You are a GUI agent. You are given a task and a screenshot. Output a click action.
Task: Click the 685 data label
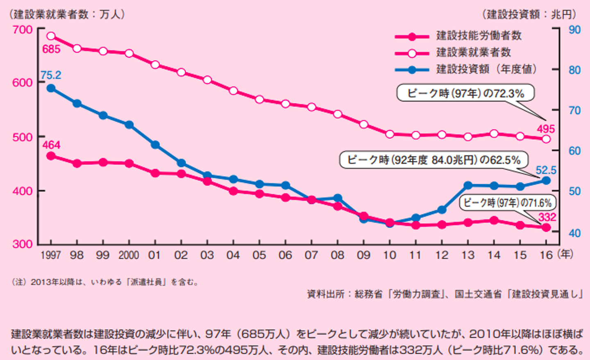click(x=51, y=49)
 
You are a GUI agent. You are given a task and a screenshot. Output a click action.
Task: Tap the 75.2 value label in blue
click(x=51, y=75)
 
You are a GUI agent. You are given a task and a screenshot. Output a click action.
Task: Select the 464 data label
click(x=51, y=145)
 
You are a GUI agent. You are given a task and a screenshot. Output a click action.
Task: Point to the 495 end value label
click(x=546, y=129)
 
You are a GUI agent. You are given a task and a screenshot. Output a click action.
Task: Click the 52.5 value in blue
click(x=546, y=170)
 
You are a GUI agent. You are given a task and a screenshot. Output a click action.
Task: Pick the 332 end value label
click(x=547, y=217)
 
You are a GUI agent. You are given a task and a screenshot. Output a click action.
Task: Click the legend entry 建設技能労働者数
click(x=479, y=36)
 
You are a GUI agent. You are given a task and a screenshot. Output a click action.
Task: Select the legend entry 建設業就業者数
click(x=473, y=52)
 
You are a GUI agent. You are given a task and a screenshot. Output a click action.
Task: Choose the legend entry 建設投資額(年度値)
click(x=486, y=69)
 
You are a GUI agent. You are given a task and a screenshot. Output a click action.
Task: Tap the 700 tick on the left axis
click(x=23, y=29)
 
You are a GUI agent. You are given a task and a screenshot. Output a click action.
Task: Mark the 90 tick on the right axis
click(x=574, y=30)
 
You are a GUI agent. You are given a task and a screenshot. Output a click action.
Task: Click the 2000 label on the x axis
click(x=129, y=255)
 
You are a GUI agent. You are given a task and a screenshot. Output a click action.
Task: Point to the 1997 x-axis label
click(x=51, y=255)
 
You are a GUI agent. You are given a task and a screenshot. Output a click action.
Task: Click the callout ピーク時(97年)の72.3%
click(x=465, y=93)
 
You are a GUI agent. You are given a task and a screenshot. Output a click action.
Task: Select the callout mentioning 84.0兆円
click(x=433, y=160)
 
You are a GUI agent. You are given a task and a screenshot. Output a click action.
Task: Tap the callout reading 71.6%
click(x=507, y=202)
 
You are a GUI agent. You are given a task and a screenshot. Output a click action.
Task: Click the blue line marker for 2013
click(x=468, y=186)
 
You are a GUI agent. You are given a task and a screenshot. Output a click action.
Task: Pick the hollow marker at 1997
click(x=51, y=36)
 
